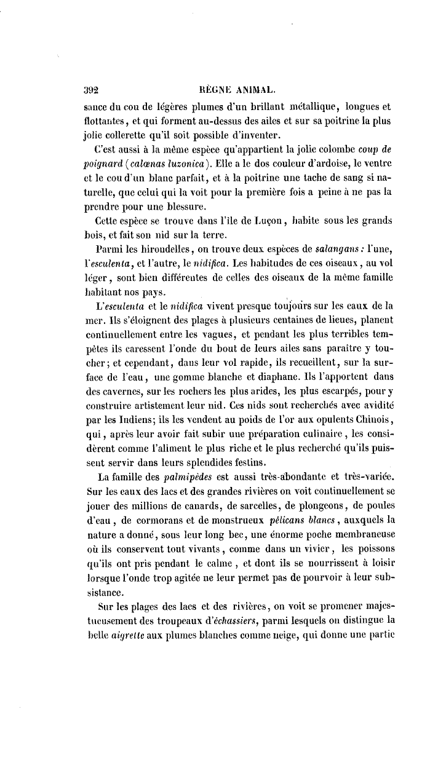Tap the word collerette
[x=130, y=135]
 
